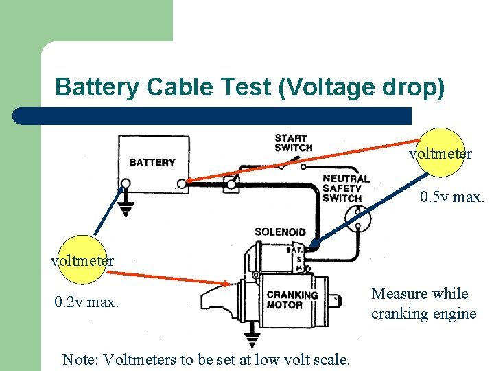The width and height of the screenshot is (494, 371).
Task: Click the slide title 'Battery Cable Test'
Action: click(250, 87)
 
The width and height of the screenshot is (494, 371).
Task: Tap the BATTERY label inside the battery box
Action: click(152, 163)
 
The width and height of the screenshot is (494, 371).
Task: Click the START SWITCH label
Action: click(293, 143)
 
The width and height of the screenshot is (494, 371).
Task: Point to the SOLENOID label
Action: click(280, 232)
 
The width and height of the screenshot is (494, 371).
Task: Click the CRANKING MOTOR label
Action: click(292, 300)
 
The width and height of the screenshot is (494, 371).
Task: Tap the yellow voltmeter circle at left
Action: click(81, 260)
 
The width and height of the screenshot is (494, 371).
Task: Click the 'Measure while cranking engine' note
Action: click(423, 304)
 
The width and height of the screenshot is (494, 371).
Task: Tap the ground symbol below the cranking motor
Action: click(252, 341)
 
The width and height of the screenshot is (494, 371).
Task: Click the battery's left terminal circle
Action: click(125, 183)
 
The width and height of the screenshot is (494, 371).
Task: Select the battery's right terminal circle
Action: click(180, 183)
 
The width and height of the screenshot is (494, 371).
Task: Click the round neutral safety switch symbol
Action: click(357, 219)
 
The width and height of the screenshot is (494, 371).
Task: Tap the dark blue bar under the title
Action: click(213, 115)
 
